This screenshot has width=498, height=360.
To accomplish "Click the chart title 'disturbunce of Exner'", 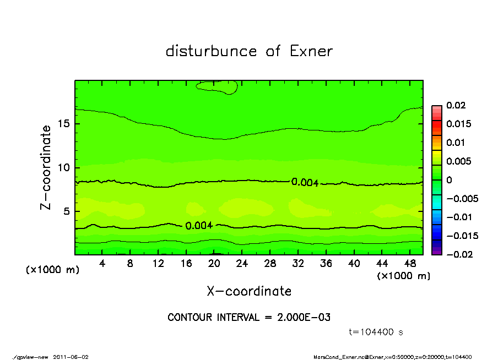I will pyautogui.click(x=249, y=51).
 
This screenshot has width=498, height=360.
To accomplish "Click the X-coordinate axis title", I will pyautogui.click(x=249, y=291).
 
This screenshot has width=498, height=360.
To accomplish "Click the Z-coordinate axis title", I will pyautogui.click(x=46, y=167).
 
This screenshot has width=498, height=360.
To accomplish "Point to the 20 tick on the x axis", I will pyautogui.click(x=214, y=264).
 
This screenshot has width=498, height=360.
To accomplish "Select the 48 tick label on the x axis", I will pyautogui.click(x=410, y=264).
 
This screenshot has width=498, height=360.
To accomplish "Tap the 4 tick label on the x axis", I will pyautogui.click(x=102, y=264).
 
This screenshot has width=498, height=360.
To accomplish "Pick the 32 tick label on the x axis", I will pyautogui.click(x=299, y=264).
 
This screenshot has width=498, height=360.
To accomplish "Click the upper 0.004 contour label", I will pyautogui.click(x=305, y=182).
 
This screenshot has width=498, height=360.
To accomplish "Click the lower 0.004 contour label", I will pyautogui.click(x=199, y=226).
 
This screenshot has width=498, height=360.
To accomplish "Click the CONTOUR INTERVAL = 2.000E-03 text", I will pyautogui.click(x=248, y=318).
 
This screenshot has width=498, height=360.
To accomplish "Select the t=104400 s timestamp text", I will pyautogui.click(x=376, y=332).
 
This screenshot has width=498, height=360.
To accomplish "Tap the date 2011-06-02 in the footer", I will pyautogui.click(x=71, y=357).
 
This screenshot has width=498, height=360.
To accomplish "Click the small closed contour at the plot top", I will pyautogui.click(x=218, y=86).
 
